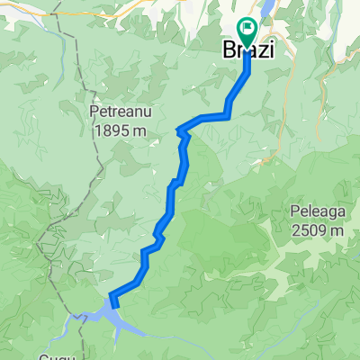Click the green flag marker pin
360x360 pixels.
point(247,31)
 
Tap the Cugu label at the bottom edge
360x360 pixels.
point(54,355)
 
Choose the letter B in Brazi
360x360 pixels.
point(229,52)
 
